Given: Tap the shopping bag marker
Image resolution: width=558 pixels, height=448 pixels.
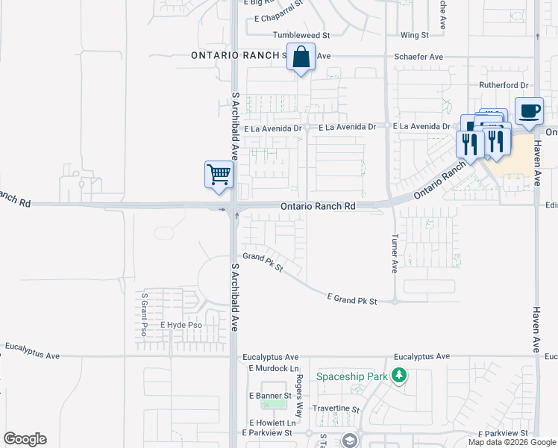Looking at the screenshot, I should (301, 57).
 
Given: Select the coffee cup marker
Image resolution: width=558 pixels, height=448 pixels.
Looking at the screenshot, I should (530, 111).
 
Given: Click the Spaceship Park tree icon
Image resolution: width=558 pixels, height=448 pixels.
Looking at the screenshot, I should (401, 376).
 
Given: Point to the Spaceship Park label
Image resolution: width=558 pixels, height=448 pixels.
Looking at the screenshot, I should (352, 376).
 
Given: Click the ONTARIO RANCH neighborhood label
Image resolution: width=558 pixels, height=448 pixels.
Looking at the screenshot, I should (236, 55).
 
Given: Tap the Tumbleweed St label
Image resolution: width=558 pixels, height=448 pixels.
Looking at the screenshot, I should (301, 35).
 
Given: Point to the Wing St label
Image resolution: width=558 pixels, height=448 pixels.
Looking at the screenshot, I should (415, 35).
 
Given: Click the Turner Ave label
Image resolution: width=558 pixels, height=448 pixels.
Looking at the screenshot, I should (395, 254).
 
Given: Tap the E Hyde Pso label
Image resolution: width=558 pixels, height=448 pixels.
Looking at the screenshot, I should (181, 325).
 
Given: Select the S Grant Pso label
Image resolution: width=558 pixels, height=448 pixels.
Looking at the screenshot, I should (143, 314).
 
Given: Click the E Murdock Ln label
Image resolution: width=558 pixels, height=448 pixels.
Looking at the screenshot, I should (273, 369).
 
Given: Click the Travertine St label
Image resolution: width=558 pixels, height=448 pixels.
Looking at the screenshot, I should (336, 410).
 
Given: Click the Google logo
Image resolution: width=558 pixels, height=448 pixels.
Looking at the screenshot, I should (25, 439).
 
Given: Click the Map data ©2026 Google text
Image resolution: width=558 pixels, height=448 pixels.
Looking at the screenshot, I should (512, 442).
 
